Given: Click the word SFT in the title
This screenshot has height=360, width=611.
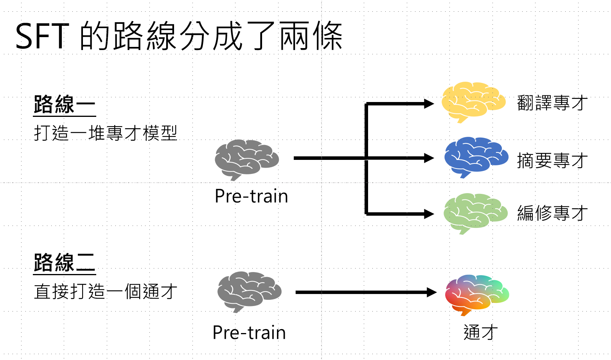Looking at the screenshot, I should coord(42,36).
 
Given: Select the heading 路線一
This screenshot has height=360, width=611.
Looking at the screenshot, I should coord(65,104).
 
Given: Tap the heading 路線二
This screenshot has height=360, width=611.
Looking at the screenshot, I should coord(65,262).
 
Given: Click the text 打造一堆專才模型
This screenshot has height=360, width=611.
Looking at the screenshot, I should coord(106,133).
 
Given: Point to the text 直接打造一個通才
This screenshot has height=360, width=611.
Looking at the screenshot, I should coord(106,292).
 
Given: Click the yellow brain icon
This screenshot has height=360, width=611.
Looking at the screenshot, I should coord(473,102).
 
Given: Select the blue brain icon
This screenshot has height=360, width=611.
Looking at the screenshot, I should coord(476,157).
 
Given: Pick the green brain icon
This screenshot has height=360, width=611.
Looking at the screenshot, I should coord(475,213).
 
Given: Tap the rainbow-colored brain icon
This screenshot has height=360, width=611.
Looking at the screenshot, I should coord(476,294).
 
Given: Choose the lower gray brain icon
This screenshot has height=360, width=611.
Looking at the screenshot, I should coord(249,291).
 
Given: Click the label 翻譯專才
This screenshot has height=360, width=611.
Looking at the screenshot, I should coord(552,103).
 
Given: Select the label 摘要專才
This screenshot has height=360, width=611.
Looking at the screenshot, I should coord(552,160).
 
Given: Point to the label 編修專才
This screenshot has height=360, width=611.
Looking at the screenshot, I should coord(552,213).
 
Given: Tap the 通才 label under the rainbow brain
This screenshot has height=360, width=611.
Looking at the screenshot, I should coord(480,333).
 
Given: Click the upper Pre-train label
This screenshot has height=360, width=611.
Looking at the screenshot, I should coord(251,196).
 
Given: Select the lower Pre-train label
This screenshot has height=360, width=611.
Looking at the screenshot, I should coord(249,333).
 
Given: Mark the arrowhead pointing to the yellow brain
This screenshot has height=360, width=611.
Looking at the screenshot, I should coord(429,104).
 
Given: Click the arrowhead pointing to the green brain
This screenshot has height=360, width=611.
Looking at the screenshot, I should coord(429,214).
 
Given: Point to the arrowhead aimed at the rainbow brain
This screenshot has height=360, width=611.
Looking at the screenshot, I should coord(431,292).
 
